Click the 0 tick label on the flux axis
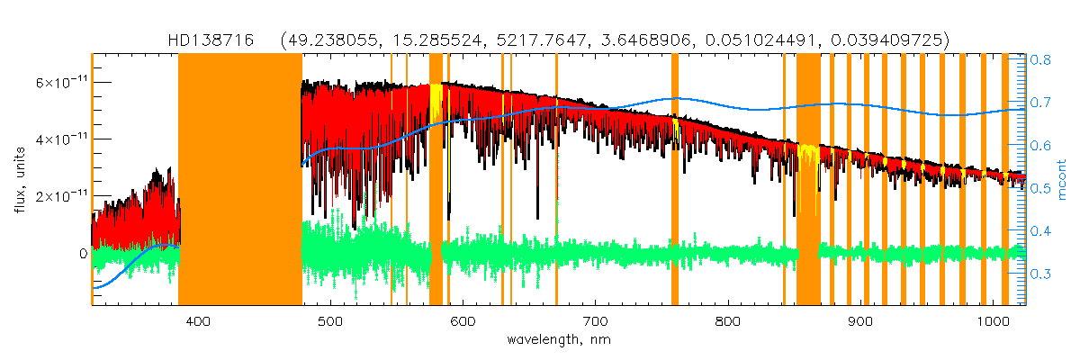click(82, 254)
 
